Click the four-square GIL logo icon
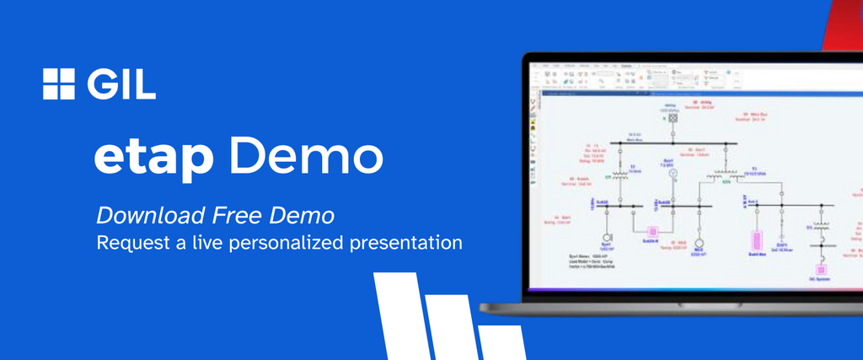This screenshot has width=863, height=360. [x=59, y=83]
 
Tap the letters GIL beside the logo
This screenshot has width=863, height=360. [x=121, y=83]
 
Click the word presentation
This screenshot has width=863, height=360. [x=410, y=243]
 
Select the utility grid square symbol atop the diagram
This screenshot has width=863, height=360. [x=673, y=119]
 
